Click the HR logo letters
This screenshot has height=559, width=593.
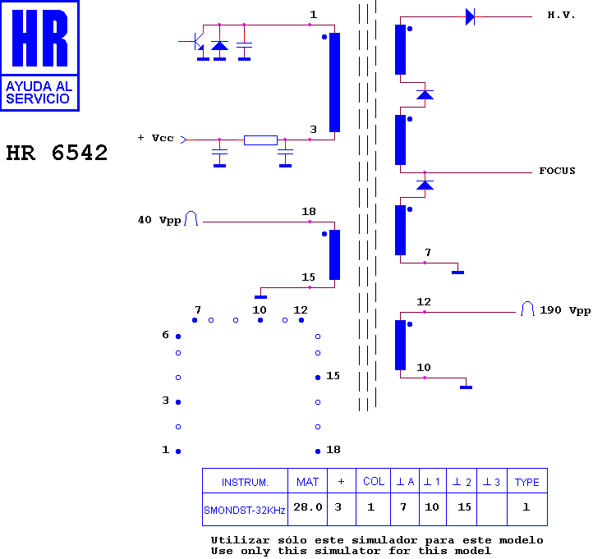39,38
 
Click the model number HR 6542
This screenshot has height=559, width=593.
57,153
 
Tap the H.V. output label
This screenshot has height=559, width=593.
561,15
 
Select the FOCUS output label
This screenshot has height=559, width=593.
557,171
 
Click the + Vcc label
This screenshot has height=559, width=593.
155,138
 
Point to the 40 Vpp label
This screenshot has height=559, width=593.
159,220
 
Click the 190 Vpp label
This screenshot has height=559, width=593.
565,310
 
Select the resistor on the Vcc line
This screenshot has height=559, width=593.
260,140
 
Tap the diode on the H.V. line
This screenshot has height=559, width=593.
470,17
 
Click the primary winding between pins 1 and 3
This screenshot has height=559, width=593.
334,82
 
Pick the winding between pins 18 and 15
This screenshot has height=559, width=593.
334,254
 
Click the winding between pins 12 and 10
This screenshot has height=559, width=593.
400,345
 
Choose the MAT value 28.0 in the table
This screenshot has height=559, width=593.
308,506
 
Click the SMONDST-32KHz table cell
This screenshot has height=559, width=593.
245,511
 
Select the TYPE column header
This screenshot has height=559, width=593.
526,482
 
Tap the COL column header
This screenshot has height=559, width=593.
374,481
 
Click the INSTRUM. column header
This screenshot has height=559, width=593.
245,483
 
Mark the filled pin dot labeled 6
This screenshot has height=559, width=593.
178,337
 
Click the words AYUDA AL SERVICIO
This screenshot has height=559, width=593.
39,92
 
